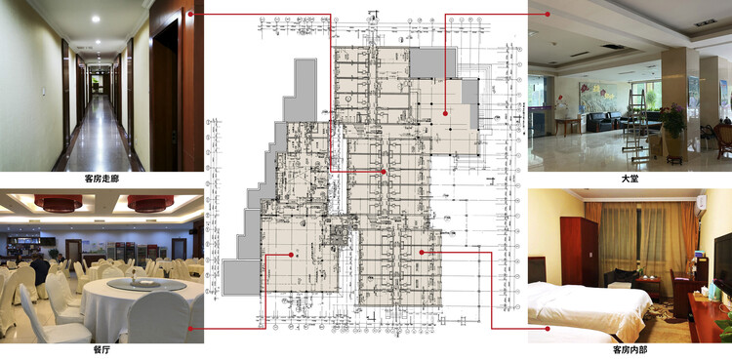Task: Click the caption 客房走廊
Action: [102, 180]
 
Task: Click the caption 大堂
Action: [630, 180]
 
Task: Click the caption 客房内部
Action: [630, 349]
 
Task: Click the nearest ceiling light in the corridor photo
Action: [81, 46]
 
